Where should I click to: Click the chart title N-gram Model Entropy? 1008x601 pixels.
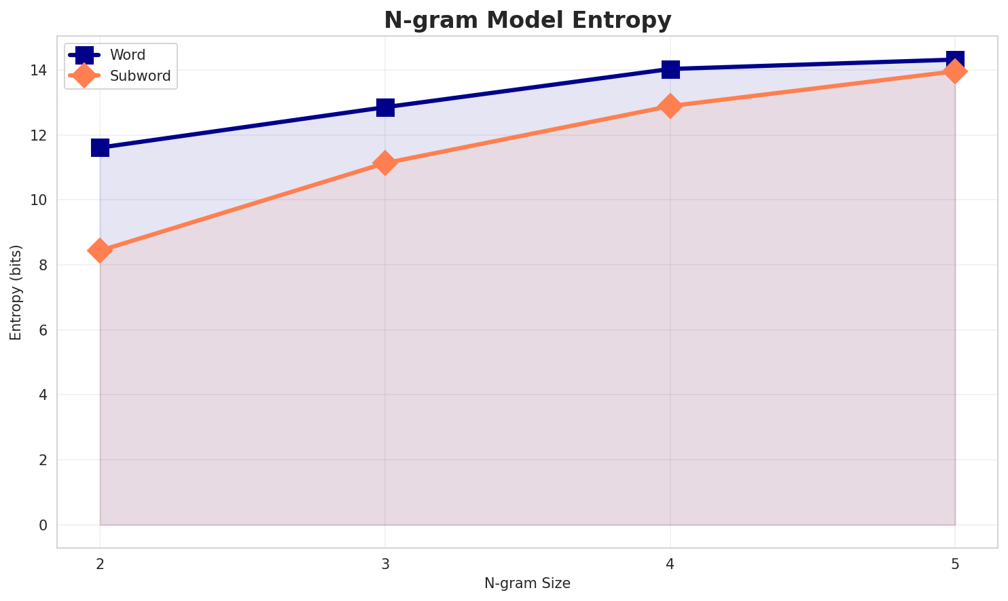(527, 20)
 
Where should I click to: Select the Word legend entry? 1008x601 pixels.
(128, 55)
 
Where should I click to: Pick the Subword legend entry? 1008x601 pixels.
(141, 76)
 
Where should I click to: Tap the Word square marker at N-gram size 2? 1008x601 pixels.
(100, 147)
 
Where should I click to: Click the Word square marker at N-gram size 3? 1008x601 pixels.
(385, 107)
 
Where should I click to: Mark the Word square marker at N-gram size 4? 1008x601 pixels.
(670, 69)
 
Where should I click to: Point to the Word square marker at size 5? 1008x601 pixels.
(955, 60)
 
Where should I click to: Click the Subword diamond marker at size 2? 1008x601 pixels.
(100, 251)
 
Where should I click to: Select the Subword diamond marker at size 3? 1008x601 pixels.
(385, 163)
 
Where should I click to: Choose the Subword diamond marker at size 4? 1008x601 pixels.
(670, 106)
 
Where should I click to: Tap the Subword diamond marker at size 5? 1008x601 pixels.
(955, 71)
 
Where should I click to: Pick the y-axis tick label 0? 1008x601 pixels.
(43, 525)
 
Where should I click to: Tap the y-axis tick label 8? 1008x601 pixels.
(43, 266)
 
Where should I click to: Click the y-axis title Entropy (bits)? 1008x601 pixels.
(16, 292)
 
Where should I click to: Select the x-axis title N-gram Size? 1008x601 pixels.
(527, 583)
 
